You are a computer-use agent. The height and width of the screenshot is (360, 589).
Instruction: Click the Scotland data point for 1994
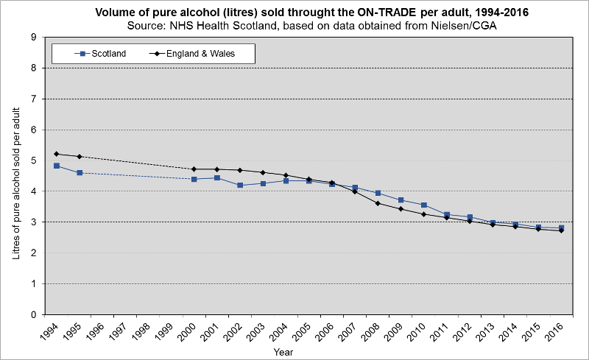pyautogui.click(x=57, y=166)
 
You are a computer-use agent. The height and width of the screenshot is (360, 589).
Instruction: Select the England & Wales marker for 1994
pyautogui.click(x=57, y=154)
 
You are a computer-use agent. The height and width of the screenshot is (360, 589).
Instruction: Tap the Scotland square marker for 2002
pyautogui.click(x=240, y=185)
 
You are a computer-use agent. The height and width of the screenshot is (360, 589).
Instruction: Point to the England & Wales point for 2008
pyautogui.click(x=378, y=203)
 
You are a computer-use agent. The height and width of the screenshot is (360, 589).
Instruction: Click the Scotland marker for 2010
pyautogui.click(x=423, y=205)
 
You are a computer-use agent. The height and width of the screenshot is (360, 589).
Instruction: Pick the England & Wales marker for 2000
pyautogui.click(x=194, y=169)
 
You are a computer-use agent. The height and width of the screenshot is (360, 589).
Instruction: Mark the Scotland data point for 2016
pyautogui.click(x=561, y=228)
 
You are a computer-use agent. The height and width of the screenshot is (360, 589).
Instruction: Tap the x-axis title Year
pyautogui.click(x=283, y=353)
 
